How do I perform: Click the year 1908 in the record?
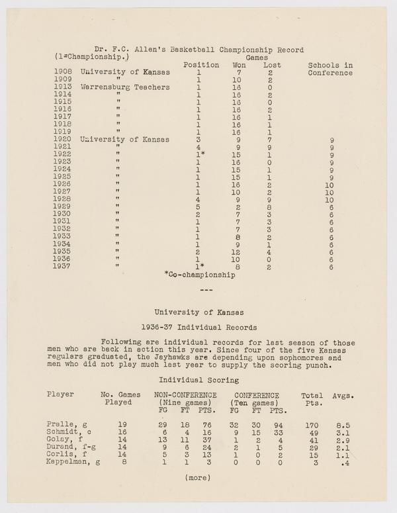point(62,72)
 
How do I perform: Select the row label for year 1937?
point(62,267)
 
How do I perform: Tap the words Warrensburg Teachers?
point(126,87)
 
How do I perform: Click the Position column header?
point(200,65)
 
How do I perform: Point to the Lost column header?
point(272,65)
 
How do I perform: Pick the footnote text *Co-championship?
point(200,275)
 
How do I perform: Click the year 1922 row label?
point(62,155)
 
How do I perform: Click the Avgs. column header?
point(343,396)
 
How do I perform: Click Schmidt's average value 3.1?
point(342,432)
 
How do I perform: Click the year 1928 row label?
point(62,200)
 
